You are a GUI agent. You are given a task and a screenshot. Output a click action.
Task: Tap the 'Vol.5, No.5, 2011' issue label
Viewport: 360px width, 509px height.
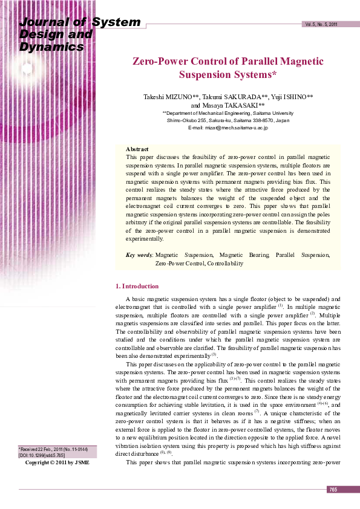click(321, 24)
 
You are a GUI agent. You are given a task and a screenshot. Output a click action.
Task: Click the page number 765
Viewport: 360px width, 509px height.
click(333, 489)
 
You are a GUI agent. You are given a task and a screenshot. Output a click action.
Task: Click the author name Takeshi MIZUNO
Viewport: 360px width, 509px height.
click(167, 97)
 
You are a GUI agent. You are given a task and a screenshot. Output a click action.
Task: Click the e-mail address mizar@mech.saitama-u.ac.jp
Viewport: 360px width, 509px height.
click(228, 128)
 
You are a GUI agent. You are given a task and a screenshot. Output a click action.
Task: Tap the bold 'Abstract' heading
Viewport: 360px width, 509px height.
click(137, 149)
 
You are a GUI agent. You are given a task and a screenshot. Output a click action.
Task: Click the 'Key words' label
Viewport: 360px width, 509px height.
click(139, 256)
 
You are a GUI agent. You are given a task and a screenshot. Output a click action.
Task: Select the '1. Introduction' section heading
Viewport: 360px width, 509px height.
click(137, 286)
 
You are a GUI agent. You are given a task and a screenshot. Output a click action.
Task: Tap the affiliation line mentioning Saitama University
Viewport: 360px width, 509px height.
click(228, 113)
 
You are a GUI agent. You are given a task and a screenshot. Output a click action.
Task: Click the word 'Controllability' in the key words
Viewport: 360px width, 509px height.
click(225, 264)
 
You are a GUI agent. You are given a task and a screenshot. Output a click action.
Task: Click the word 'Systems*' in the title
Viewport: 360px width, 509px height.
click(254, 75)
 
